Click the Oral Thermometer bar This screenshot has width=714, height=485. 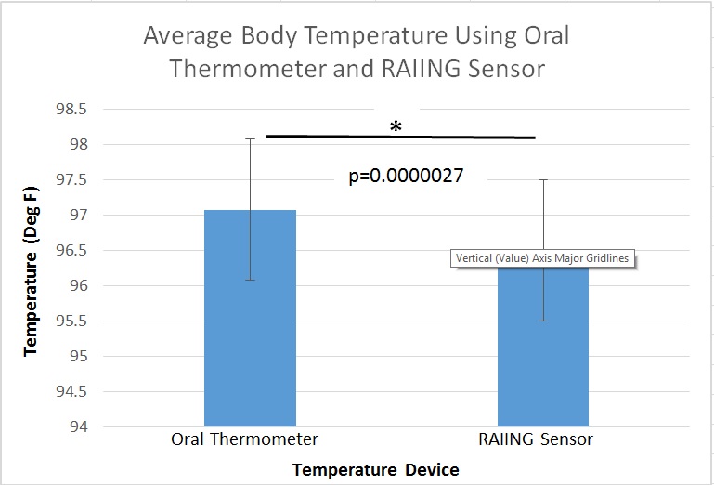pos(250,353)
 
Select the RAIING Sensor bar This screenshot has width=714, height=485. pos(543,372)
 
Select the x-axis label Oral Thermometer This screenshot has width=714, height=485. pos(244,439)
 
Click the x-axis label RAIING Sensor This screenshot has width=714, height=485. pos(545,439)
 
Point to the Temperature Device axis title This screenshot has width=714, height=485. pos(376,470)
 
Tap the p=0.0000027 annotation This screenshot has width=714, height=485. pos(406,175)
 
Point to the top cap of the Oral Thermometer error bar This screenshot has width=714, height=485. pos(251,139)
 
